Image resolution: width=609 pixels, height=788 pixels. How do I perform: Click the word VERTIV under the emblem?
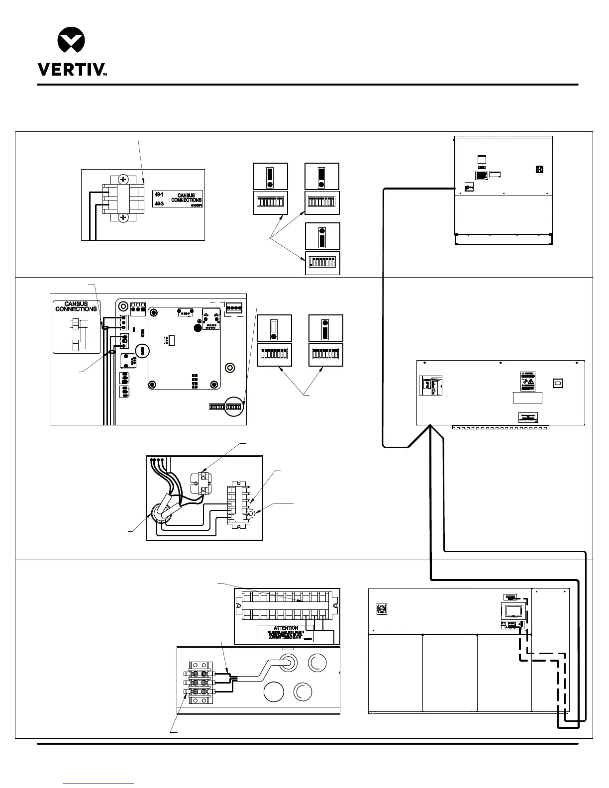coord(70,69)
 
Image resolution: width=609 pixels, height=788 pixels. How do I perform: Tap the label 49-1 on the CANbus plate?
coord(159,194)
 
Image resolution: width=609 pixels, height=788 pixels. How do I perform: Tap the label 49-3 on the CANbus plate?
coord(159,204)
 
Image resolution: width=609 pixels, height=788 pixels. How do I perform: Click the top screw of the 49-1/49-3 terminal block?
coord(122,180)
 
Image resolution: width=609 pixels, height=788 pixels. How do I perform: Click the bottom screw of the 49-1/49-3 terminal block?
coord(122,218)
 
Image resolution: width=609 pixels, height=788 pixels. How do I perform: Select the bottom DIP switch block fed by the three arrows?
coord(322,262)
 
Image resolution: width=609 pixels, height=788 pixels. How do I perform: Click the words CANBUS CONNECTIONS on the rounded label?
coord(76,306)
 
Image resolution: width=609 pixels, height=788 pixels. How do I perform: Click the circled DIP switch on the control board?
coord(233,406)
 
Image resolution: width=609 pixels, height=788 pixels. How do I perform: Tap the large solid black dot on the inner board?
coord(198,329)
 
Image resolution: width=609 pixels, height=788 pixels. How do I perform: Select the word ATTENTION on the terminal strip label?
coord(286,628)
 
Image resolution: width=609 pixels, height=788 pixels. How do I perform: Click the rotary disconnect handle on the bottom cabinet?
coord(383,608)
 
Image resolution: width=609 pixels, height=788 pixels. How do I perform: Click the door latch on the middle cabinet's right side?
coord(558,383)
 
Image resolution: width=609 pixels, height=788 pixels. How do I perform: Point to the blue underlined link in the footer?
coord(99,784)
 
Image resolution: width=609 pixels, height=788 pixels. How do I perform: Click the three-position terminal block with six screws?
coord(201,682)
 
